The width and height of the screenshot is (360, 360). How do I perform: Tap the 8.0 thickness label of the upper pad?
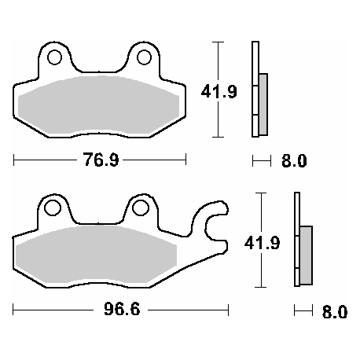pyautogui.click(x=292, y=162)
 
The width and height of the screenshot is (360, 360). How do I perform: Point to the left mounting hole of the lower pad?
pyautogui.click(x=53, y=208)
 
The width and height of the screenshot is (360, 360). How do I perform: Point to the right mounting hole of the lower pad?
pyautogui.click(x=141, y=208)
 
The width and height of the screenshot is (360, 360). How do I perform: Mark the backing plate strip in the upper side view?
pyautogui.click(x=255, y=87)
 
